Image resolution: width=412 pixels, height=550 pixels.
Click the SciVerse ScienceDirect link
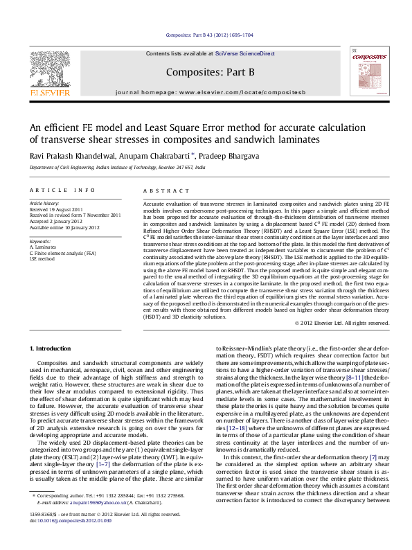(x=244, y=53)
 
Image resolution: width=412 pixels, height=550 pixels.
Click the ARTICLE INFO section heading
(x=62, y=190)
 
